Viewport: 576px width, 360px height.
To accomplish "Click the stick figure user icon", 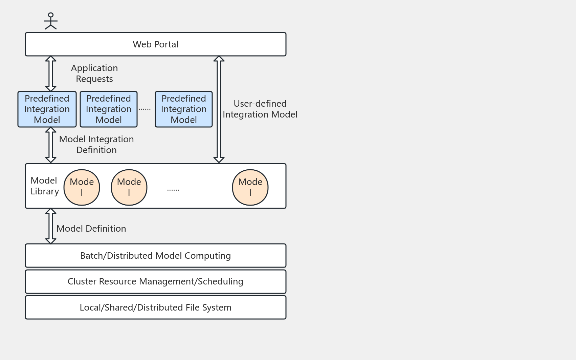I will click(x=51, y=21).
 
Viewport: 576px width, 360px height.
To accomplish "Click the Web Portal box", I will click(x=155, y=44).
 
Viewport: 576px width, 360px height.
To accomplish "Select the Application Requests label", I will click(x=94, y=73).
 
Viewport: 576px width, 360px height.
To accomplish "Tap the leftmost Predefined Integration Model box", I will click(x=47, y=109).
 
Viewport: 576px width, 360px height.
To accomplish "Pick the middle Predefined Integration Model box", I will click(x=109, y=109).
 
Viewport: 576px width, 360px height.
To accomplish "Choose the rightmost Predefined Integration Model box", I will click(x=184, y=109).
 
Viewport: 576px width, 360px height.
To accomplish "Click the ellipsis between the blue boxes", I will click(x=145, y=109).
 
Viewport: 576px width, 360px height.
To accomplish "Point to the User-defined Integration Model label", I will click(x=260, y=109).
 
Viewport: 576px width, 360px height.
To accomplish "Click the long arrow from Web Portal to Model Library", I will click(x=219, y=109).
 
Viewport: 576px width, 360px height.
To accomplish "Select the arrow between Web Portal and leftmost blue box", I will click(x=51, y=73).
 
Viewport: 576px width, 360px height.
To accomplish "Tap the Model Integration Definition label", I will click(x=96, y=145).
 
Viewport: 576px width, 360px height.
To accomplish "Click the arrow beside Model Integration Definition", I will click(x=51, y=145).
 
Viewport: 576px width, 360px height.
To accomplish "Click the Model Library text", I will click(x=44, y=186).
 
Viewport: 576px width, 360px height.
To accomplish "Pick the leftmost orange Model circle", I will click(x=82, y=187).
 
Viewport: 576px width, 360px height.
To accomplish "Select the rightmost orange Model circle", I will click(x=250, y=187).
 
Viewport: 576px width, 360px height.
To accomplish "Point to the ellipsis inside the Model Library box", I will click(x=173, y=190).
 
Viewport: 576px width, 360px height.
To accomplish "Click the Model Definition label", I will click(x=91, y=229).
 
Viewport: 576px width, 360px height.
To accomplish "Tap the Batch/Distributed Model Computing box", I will click(x=155, y=256).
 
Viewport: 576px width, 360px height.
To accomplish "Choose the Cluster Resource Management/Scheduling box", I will click(x=155, y=281).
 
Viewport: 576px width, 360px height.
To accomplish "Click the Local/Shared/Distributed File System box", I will click(x=155, y=308).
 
